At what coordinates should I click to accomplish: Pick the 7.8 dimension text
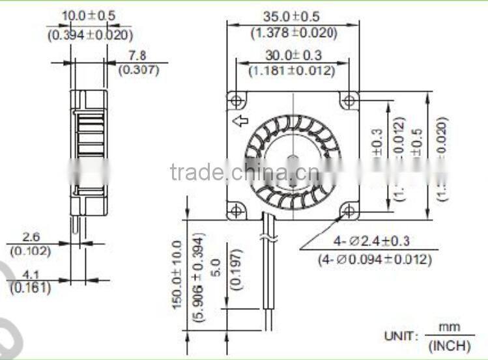pos(137,56)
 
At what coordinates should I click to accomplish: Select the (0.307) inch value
pos(138,70)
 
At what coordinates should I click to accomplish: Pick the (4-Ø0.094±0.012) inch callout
pos(375,259)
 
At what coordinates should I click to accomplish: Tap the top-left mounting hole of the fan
pos(237,100)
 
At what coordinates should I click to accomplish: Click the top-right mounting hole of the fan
pos(349,100)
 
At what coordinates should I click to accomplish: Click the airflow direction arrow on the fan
pos(240,120)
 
